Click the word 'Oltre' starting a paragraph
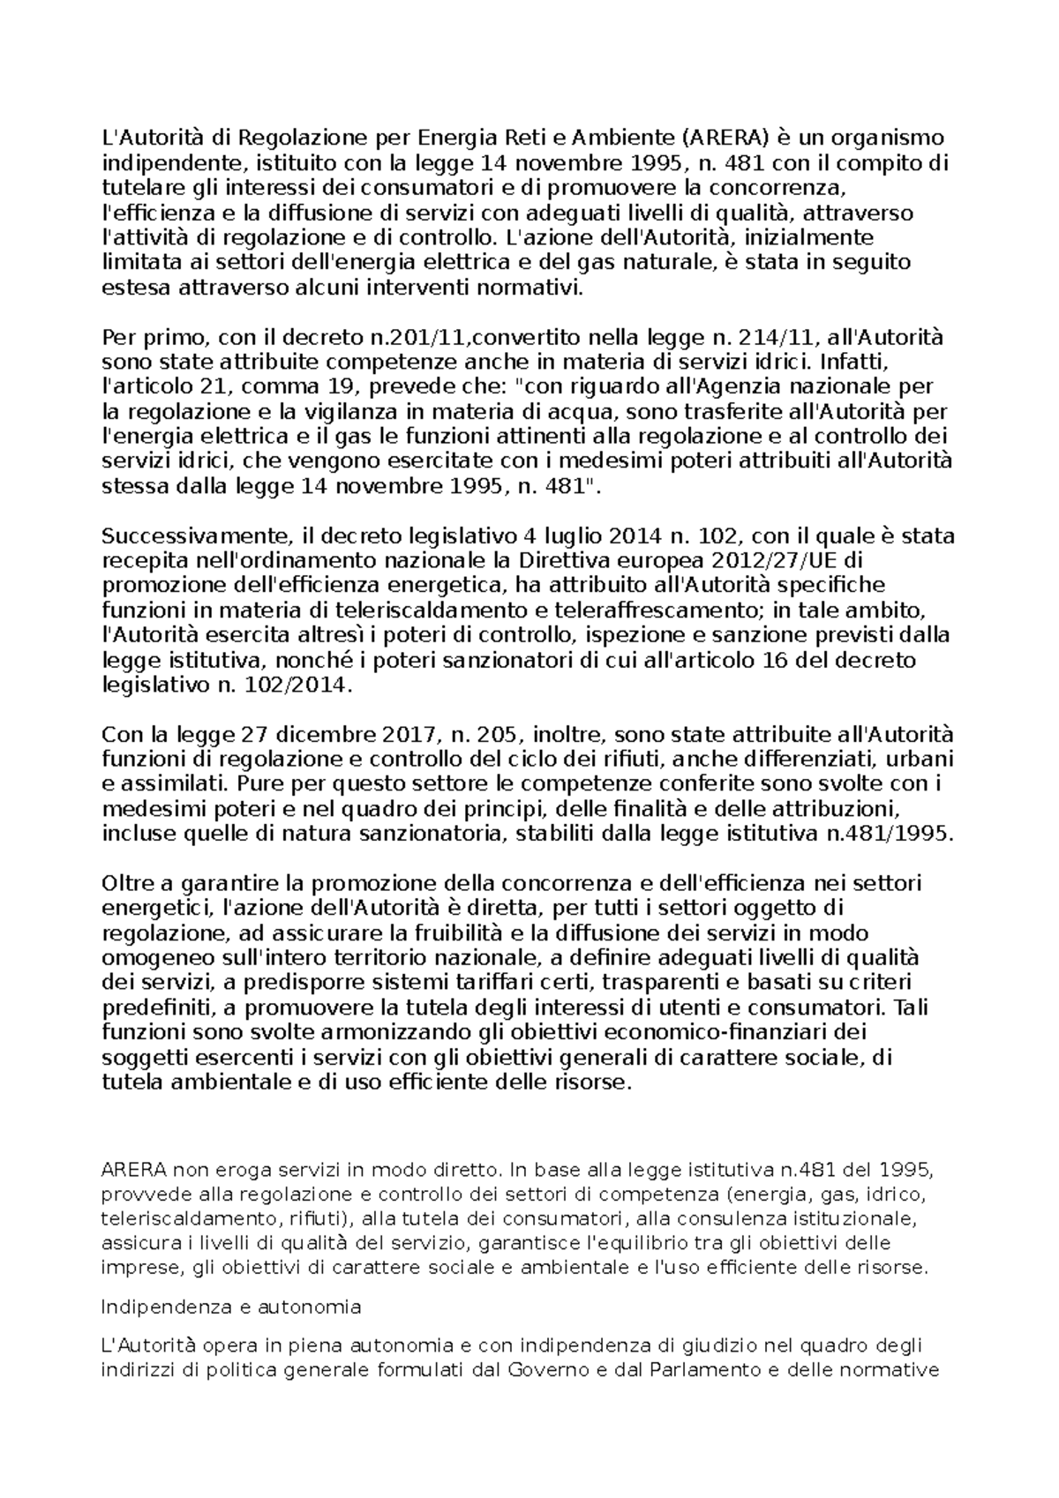click(x=127, y=884)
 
